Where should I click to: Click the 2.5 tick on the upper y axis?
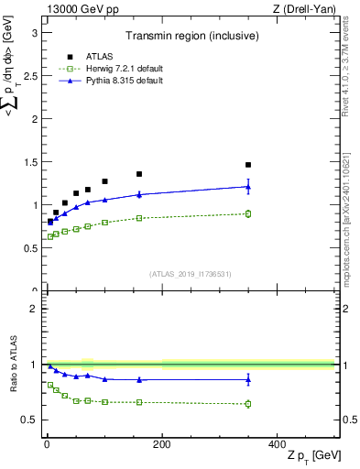point(33,75)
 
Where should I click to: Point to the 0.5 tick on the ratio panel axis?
point(33,420)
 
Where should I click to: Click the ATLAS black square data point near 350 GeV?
point(248,165)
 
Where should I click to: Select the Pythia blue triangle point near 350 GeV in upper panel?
point(248,187)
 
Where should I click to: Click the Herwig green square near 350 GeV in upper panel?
point(248,213)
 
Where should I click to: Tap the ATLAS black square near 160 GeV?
point(139,174)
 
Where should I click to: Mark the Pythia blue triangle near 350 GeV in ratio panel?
point(248,379)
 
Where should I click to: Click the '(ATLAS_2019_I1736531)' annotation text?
point(190,274)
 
